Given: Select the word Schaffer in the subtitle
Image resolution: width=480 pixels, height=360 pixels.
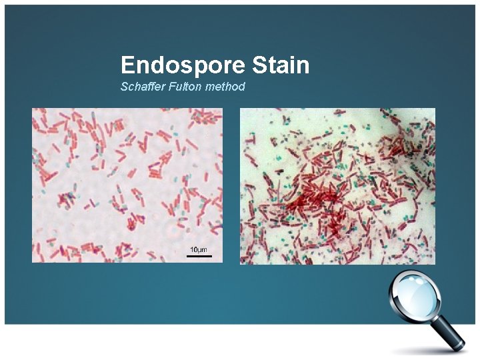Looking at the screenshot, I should [x=139, y=87].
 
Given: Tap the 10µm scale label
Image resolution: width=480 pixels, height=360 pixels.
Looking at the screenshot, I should [x=197, y=249].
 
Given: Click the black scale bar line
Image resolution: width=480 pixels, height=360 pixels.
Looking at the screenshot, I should [x=199, y=255].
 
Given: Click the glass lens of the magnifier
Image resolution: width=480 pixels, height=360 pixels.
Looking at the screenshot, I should [x=415, y=298].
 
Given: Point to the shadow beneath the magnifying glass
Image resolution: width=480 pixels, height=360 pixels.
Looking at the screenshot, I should [x=427, y=350].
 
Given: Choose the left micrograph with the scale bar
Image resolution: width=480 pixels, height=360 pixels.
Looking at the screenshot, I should [x=127, y=185].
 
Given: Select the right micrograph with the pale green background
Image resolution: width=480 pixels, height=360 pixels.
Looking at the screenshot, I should [x=337, y=186].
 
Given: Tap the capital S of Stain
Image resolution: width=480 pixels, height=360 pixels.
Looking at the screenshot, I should [x=259, y=65].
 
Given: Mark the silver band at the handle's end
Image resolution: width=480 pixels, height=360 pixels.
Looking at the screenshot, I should [x=460, y=345].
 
